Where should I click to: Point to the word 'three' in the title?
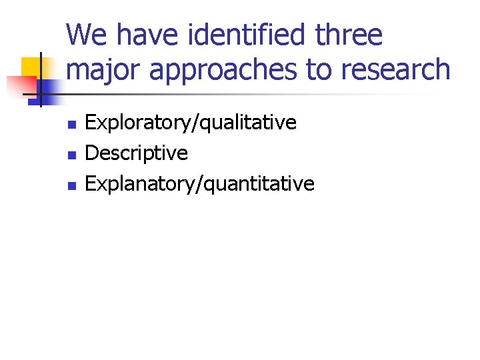[349, 35]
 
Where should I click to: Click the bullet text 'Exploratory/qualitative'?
[191, 123]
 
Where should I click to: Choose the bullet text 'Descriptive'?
[137, 153]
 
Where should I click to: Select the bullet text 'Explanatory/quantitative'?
[200, 184]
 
